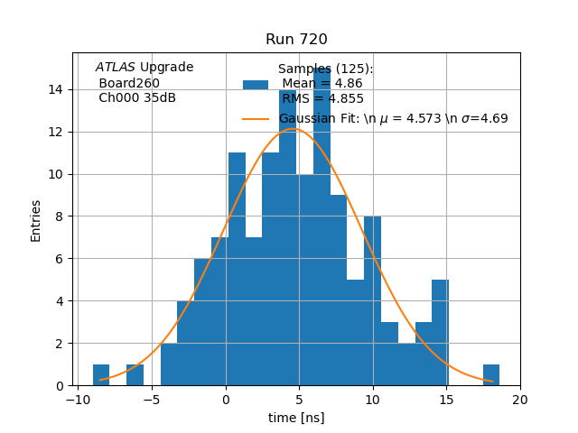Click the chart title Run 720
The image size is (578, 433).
pos(296,40)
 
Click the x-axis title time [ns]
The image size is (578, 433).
pos(296,418)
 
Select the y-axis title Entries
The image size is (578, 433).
pos(36,220)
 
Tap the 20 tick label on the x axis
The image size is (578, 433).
pos(520,400)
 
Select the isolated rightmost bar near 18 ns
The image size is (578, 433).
pos(491,375)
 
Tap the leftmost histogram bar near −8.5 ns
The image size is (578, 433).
pos(101,375)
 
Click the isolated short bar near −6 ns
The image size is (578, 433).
pos(135,375)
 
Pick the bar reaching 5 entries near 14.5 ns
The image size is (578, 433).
pos(440,334)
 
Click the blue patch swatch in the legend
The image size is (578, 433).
pos(255,84)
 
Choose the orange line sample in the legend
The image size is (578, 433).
pos(255,118)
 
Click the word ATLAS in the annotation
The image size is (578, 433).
pos(116,68)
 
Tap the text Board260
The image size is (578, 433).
pos(129,83)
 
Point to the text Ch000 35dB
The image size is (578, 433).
pos(137,97)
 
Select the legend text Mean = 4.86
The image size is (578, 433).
pos(322,84)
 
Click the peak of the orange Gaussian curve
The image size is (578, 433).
pos(292,129)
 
